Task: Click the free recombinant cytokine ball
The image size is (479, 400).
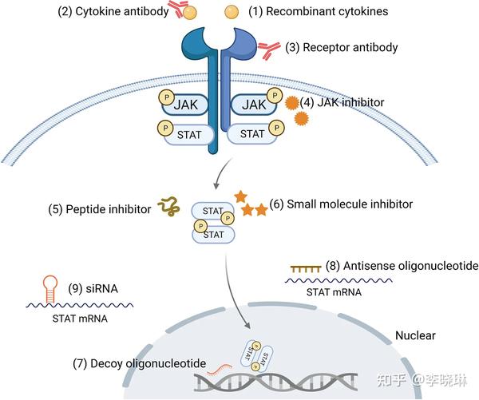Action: (x=232, y=12)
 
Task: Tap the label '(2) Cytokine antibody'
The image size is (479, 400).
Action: (x=113, y=12)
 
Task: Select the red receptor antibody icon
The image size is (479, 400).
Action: (x=268, y=50)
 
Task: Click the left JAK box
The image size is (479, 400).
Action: (x=185, y=105)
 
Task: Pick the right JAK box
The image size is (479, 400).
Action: (x=254, y=105)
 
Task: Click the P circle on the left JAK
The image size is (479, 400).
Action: (x=167, y=97)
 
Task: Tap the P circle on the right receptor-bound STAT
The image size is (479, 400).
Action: (x=276, y=128)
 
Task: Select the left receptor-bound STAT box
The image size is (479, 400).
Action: (x=188, y=134)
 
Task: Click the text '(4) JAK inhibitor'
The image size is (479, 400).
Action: (x=342, y=102)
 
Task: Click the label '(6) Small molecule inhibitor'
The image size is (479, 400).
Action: (x=341, y=204)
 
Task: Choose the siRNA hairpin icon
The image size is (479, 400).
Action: (x=50, y=289)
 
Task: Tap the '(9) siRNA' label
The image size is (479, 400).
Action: (x=93, y=289)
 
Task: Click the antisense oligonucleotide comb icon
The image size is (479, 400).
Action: (x=306, y=269)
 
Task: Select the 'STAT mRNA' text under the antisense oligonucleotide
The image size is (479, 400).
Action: (x=334, y=292)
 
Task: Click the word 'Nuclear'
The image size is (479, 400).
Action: (x=415, y=335)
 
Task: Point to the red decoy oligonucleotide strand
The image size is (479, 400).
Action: (x=220, y=369)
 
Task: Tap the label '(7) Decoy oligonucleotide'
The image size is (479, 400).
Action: (x=139, y=363)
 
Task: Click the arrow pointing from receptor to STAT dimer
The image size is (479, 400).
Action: (x=222, y=172)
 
